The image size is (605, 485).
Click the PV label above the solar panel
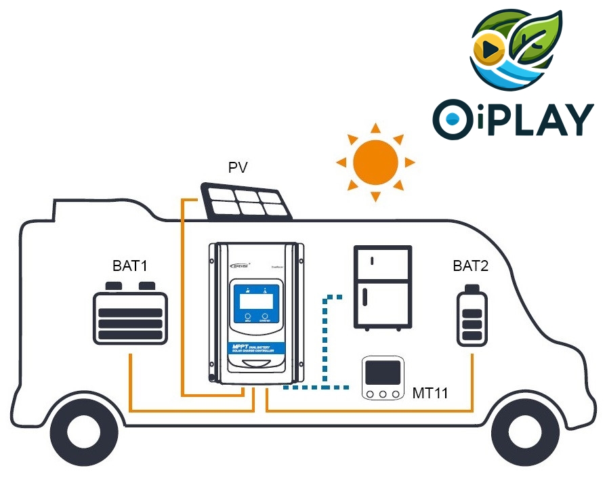[238, 167]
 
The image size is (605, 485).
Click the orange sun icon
[375, 162]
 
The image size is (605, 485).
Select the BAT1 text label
[130, 266]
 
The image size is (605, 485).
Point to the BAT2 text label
[470, 266]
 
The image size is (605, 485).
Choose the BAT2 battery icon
[472, 317]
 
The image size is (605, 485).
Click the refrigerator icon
[383, 287]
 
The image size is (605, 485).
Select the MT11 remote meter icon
[383, 379]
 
